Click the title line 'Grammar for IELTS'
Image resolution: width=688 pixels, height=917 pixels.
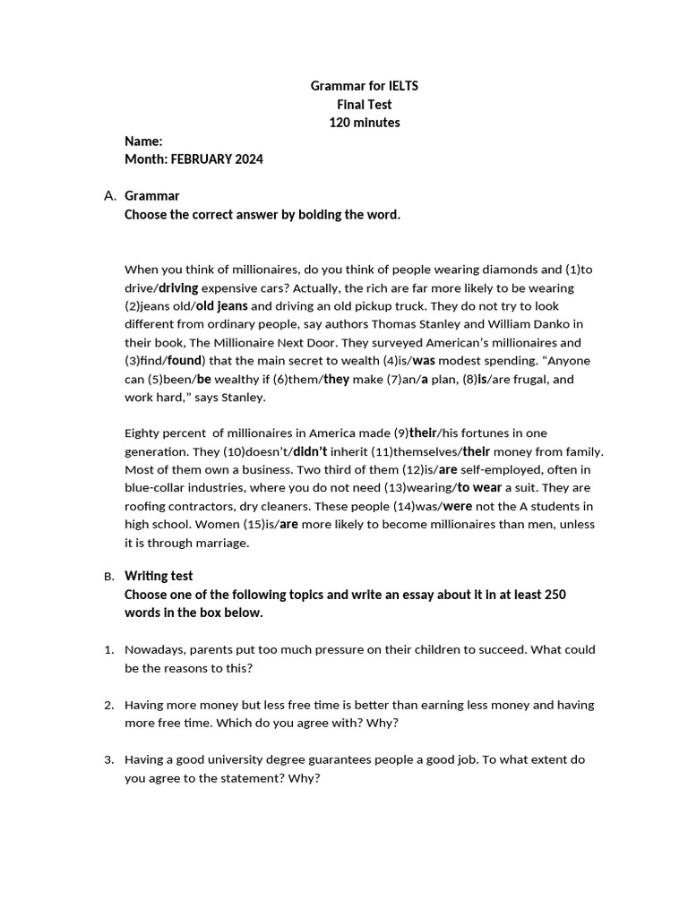364,86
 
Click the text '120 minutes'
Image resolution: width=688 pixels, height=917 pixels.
364,123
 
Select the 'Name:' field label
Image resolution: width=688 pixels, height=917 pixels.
143,141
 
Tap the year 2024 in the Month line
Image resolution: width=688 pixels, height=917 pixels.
248,159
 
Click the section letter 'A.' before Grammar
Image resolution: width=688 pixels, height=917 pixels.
110,196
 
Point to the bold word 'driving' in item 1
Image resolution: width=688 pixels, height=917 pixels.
178,287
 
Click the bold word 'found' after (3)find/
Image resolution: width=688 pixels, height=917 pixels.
185,360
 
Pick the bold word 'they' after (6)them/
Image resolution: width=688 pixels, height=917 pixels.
336,379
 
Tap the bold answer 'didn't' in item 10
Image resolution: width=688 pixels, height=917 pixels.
310,451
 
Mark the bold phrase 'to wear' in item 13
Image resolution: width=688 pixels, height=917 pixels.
479,488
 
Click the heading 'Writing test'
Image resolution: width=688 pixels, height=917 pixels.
159,576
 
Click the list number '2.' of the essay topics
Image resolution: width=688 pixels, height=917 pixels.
109,705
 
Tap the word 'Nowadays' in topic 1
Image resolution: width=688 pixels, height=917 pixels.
151,649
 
